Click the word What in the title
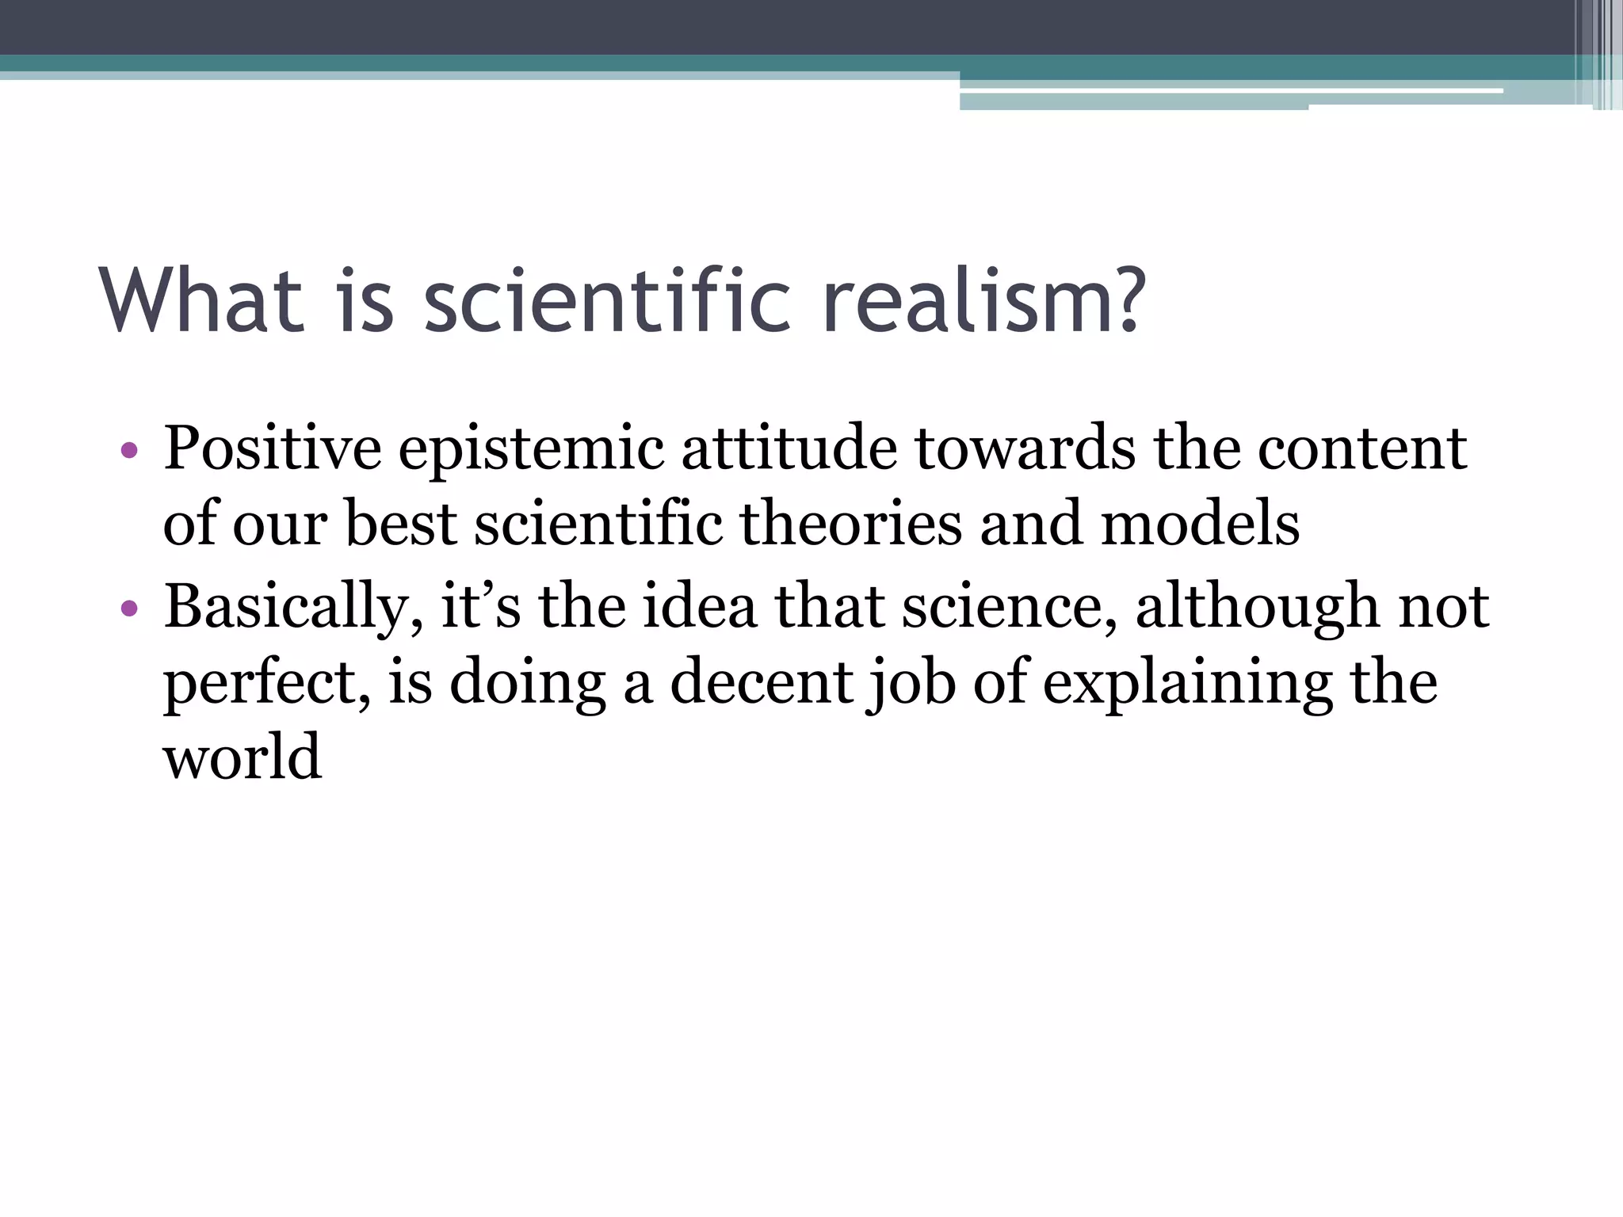coord(202,300)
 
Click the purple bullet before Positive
coord(129,452)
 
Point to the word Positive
coord(272,449)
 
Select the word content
coord(1362,449)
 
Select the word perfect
coord(266,684)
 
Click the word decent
coord(762,682)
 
